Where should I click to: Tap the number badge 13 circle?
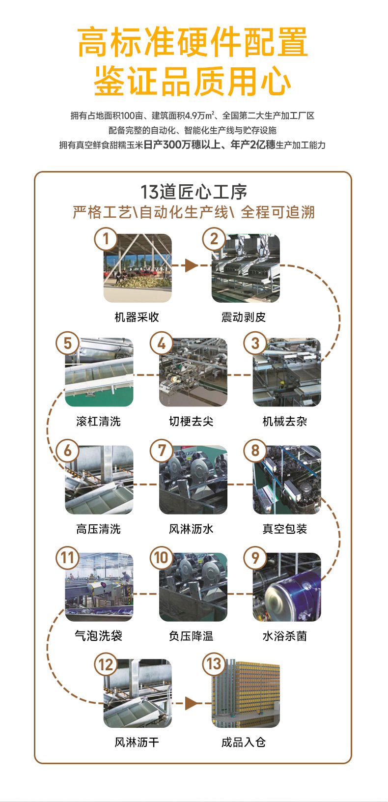[x=214, y=664]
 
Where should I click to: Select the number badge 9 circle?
[x=255, y=558]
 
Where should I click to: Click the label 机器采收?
[x=137, y=317]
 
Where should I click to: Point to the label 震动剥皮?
[x=244, y=317]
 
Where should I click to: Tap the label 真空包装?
[x=285, y=529]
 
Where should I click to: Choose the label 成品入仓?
[x=244, y=743]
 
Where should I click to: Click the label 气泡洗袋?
[x=99, y=636]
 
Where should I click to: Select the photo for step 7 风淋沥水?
[x=194, y=480]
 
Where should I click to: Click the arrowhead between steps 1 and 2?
[x=191, y=266]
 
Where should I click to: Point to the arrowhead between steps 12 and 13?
[x=191, y=703]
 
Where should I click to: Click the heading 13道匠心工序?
[x=194, y=192]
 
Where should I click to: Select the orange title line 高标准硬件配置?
[x=193, y=43]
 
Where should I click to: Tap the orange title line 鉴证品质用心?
[x=193, y=82]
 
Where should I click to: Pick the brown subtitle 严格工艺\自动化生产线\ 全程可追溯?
[x=194, y=212]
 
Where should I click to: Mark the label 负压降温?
[x=191, y=636]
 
